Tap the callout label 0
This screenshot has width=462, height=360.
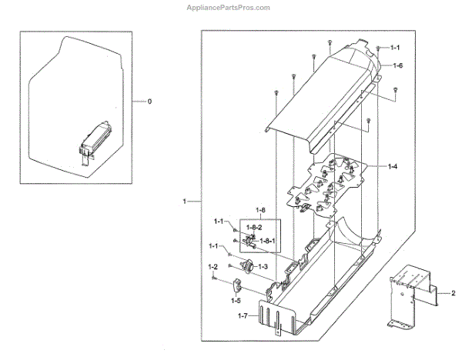pos(149,102)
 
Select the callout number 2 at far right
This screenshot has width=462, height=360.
pos(453,292)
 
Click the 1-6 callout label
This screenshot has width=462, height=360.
pos(397,66)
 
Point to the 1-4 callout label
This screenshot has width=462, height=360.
pos(393,166)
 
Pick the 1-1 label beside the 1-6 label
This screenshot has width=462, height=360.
pos(395,48)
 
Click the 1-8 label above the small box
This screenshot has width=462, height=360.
pos(262,210)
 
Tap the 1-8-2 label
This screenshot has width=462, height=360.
pos(254,228)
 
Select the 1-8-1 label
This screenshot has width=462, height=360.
pos(267,241)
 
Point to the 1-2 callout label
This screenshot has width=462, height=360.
pos(213,265)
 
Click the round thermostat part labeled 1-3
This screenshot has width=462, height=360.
pos(248,268)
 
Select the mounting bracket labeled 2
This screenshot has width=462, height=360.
pos(413,296)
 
